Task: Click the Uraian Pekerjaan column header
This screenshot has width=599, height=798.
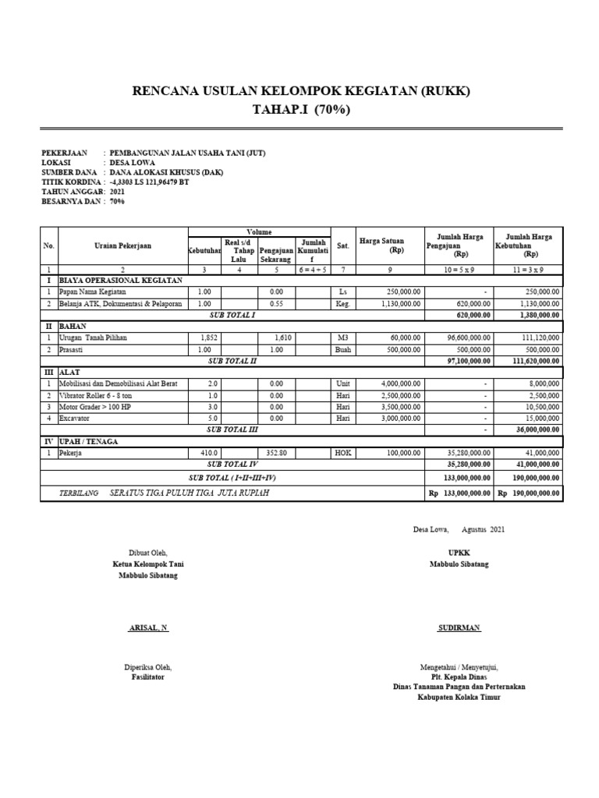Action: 122,245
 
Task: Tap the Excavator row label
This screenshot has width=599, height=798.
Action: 76,418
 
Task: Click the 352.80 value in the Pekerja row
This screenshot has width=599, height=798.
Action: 277,452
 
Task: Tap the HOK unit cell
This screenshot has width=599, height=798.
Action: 343,452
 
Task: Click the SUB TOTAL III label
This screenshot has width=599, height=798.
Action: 232,429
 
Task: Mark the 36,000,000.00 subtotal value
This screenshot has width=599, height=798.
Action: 532,429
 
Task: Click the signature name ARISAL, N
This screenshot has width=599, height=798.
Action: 148,627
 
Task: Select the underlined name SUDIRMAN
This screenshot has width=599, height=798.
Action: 459,627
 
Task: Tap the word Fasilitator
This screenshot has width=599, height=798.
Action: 148,677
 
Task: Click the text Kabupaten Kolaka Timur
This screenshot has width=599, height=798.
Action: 459,697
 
